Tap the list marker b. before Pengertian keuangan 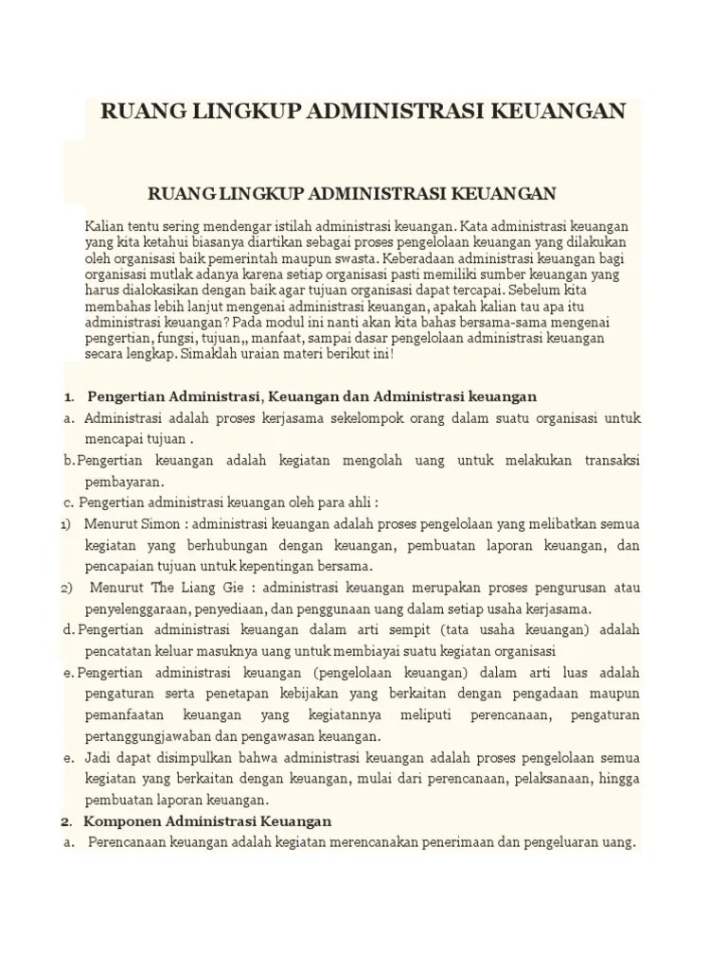coord(70,460)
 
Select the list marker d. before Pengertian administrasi coord(70,629)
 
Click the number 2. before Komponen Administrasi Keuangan coord(67,820)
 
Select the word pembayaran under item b coord(118,482)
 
